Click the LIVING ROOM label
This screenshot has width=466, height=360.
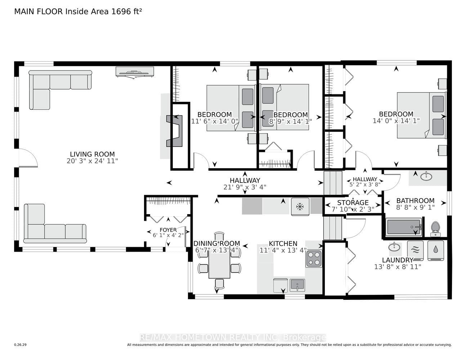92,154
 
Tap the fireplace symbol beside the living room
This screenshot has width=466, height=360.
174,131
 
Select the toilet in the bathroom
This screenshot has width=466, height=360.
435,229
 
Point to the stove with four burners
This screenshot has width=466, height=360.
314,258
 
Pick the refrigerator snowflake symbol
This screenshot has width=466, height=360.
300,207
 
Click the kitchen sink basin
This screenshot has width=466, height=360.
297,285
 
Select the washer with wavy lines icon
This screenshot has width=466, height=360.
415,251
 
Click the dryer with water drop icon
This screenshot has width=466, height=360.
435,251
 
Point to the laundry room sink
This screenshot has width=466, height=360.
394,247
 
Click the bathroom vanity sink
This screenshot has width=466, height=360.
426,176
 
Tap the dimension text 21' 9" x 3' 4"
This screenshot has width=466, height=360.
245,187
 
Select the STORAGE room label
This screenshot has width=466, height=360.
353,202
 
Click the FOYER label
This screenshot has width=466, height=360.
168,230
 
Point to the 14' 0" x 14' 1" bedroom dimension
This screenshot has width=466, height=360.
396,121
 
